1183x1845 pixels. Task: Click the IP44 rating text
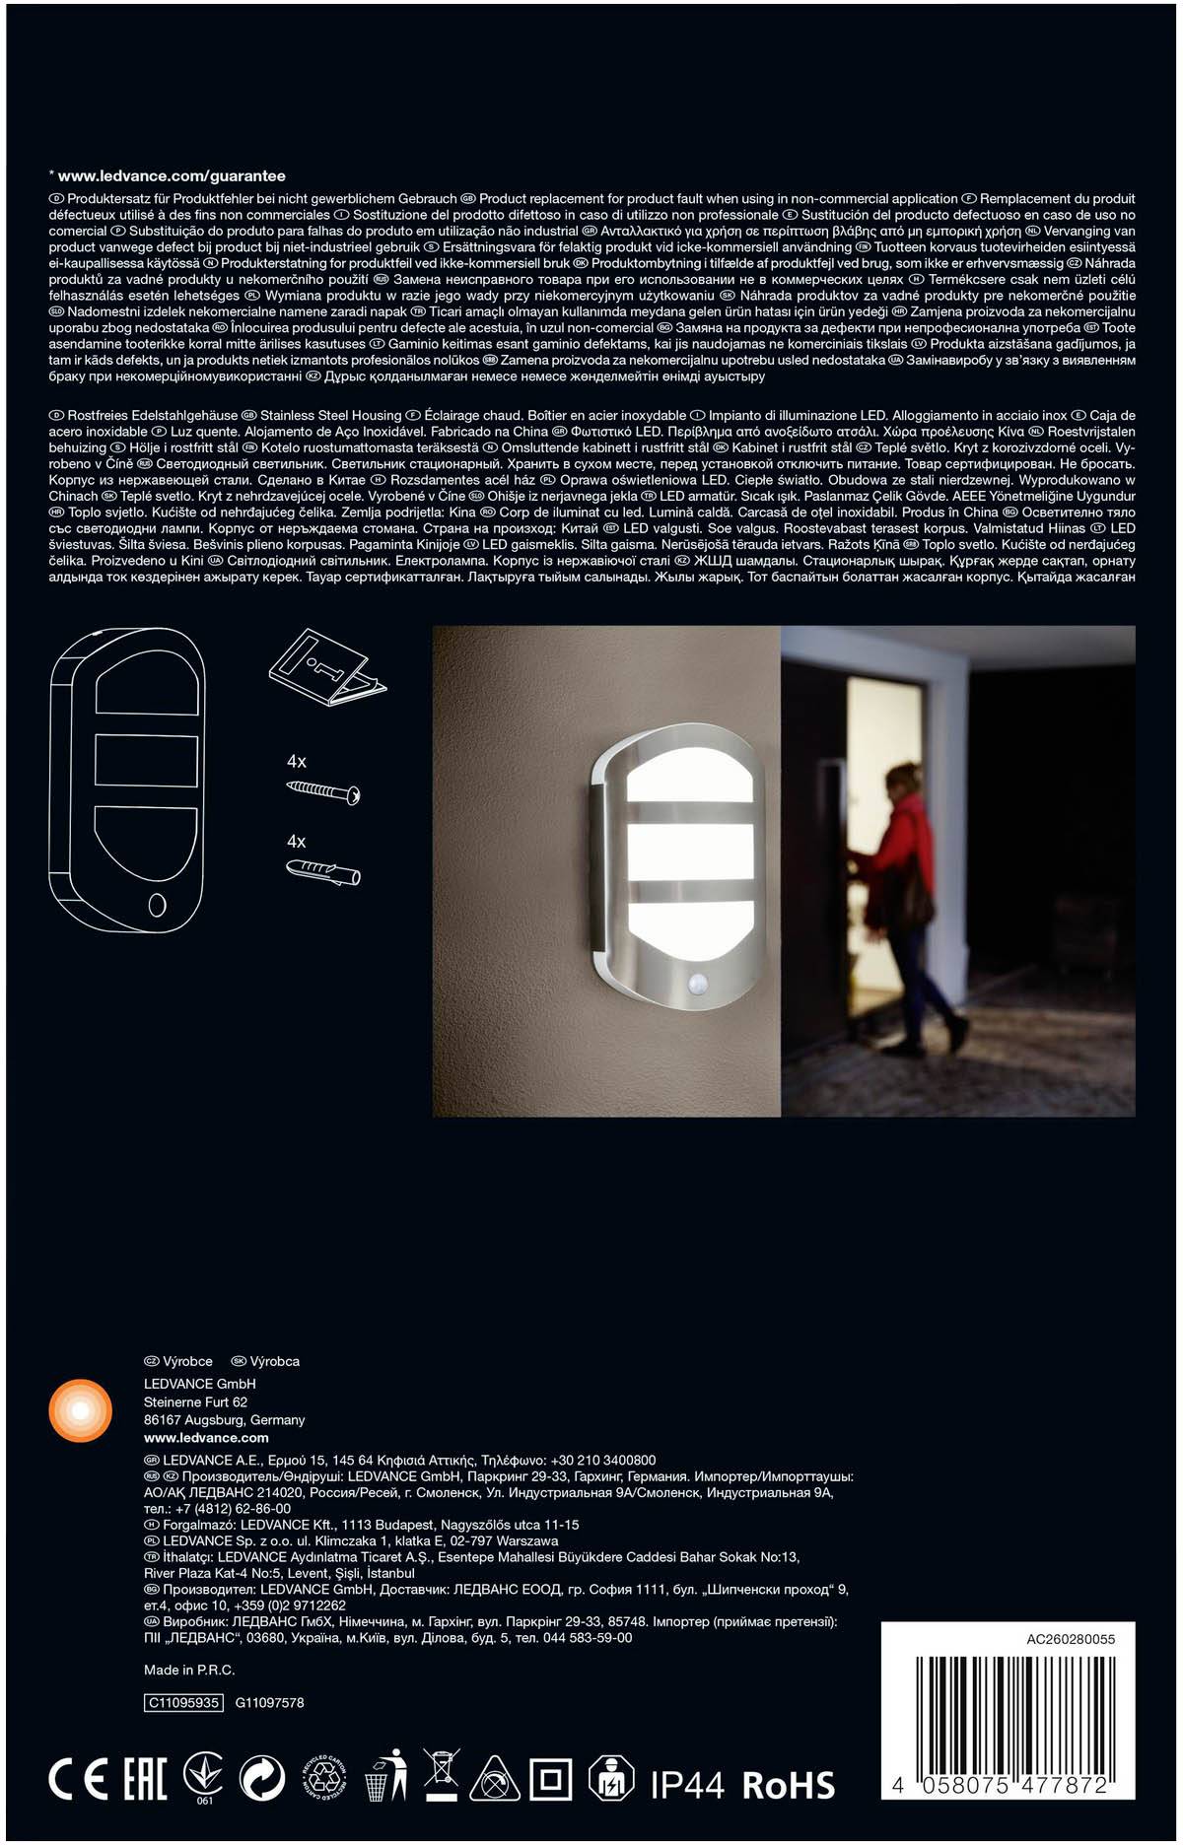point(687,1784)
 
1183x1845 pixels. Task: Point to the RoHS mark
point(788,1785)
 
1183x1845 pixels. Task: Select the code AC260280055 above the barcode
point(1071,1639)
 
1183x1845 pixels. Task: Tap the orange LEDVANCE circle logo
point(80,1412)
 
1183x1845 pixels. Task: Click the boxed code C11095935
point(183,1702)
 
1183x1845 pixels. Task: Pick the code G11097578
point(269,1702)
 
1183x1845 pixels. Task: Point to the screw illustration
point(324,790)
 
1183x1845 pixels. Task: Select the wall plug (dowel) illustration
point(323,871)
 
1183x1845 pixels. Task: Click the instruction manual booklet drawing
point(324,671)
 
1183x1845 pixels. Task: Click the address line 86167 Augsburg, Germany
point(224,1420)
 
